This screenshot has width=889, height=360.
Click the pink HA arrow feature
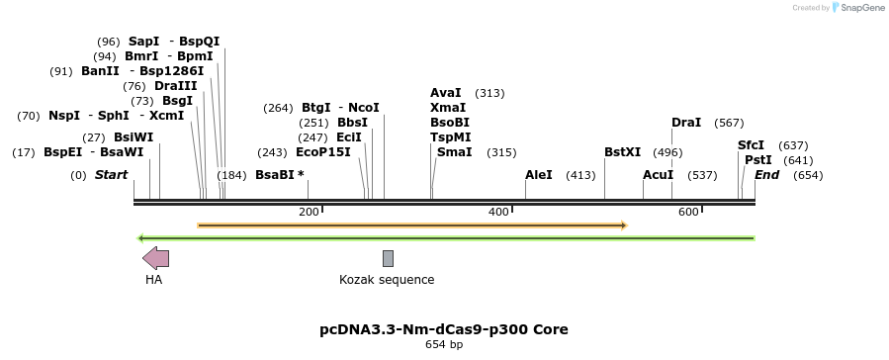click(155, 258)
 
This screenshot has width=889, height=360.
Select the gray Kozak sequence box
click(388, 258)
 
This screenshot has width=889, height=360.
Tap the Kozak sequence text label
click(387, 280)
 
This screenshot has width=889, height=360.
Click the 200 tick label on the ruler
click(309, 213)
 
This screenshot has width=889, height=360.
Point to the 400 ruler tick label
click(498, 213)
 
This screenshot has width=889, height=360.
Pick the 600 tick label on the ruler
click(688, 213)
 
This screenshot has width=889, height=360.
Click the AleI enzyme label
click(539, 175)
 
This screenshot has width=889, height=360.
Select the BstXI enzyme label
click(623, 152)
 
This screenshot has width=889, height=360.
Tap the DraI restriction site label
click(686, 123)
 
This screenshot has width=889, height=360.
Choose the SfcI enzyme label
click(751, 145)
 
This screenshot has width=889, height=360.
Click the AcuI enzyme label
click(658, 175)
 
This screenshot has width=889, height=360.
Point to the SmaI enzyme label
click(454, 152)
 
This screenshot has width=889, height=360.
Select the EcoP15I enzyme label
click(323, 152)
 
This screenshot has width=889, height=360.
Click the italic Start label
click(111, 175)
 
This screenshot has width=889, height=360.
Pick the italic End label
click(767, 175)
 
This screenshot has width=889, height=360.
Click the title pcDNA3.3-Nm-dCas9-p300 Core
click(444, 329)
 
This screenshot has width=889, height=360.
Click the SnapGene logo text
click(859, 8)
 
